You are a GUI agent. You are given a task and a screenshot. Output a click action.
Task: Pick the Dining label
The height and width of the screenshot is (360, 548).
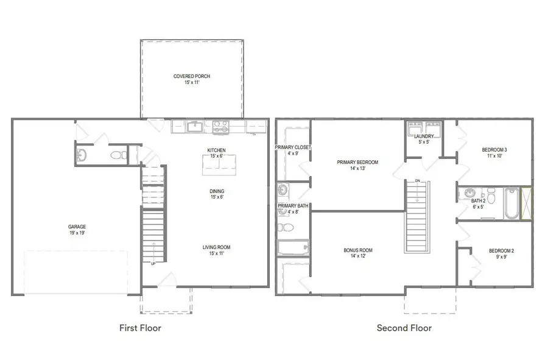click(x=216, y=193)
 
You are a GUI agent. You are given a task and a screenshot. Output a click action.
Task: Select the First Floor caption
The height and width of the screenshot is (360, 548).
click(x=140, y=328)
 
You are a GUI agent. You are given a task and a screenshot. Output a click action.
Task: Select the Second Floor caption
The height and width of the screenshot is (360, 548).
click(x=404, y=328)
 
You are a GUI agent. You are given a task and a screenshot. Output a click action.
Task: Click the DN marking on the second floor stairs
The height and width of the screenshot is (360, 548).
click(x=418, y=181)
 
